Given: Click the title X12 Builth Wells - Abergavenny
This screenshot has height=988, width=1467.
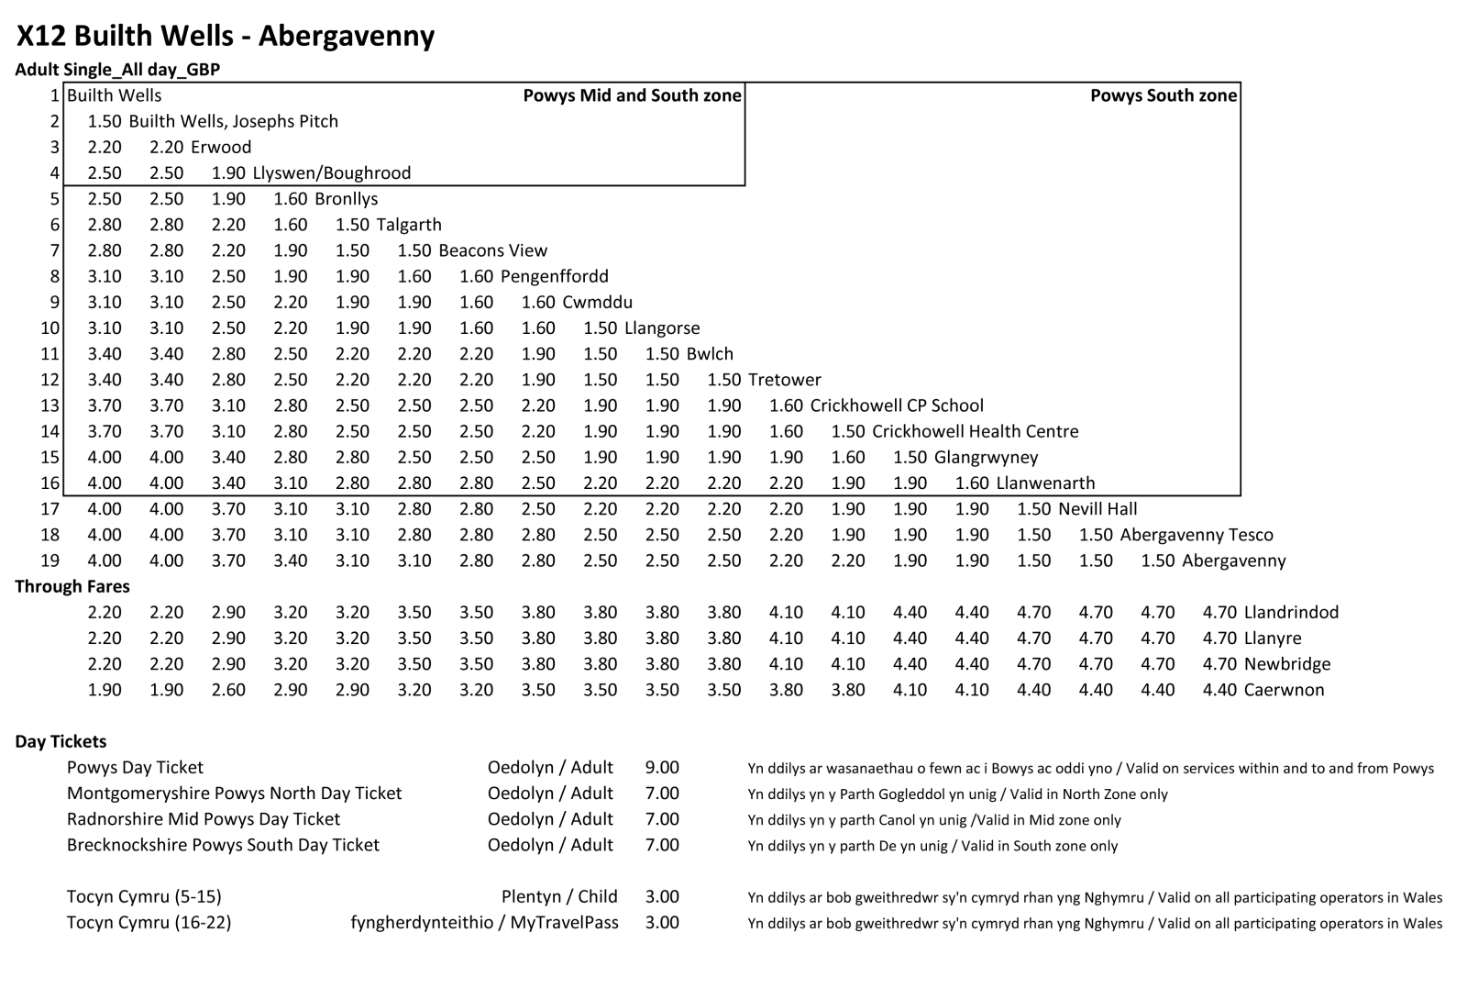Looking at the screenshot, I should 226,36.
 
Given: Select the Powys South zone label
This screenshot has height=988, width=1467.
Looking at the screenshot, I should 1163,95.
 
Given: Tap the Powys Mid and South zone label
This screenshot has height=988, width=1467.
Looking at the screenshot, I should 632,95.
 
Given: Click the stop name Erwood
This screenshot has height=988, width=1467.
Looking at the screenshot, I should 221,147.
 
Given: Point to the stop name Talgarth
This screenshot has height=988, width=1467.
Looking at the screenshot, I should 409,225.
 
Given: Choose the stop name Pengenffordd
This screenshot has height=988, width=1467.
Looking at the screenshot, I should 555,276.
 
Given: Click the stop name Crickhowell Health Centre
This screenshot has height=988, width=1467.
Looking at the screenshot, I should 975,431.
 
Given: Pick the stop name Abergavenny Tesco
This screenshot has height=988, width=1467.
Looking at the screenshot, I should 1196,535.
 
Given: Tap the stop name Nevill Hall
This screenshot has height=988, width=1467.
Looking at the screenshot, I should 1097,509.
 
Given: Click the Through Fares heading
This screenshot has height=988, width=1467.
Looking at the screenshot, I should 72,586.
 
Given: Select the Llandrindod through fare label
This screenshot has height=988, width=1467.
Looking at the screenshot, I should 1291,612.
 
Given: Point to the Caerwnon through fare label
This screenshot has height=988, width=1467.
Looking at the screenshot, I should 1284,690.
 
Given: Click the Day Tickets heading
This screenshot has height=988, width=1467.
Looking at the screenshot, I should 61,741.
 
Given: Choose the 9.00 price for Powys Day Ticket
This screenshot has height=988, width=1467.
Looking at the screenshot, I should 662,768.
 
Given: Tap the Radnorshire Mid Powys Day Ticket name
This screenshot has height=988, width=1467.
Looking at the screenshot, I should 204,819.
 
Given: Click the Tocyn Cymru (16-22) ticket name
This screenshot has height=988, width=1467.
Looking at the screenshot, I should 149,922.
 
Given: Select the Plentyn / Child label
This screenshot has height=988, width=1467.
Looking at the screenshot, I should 559,896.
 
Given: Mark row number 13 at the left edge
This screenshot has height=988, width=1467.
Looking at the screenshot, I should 50,405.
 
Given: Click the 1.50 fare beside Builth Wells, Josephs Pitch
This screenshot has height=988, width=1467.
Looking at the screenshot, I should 105,121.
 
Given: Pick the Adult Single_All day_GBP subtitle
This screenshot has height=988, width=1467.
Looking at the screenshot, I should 117,70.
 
